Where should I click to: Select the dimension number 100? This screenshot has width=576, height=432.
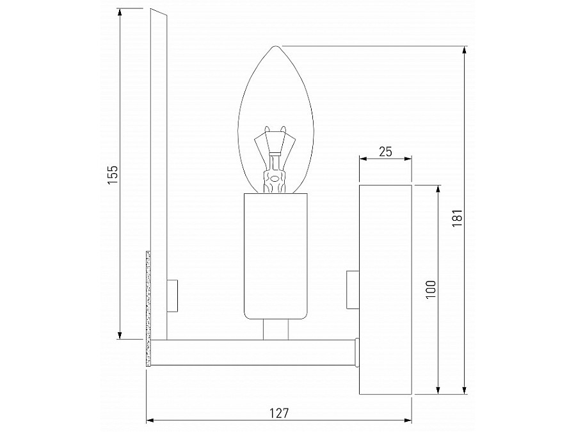(431, 289)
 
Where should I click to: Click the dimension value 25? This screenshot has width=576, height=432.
(385, 152)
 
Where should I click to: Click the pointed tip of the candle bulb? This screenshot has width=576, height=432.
(275, 47)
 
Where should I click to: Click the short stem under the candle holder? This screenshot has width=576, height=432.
(275, 330)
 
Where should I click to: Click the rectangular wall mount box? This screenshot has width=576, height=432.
(385, 289)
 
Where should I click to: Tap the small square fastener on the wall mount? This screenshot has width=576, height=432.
(352, 289)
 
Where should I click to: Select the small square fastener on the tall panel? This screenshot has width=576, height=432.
(172, 295)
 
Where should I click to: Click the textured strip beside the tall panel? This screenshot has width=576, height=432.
(148, 307)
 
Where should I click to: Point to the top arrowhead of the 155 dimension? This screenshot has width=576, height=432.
(120, 13)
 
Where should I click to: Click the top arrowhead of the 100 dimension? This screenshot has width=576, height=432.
(438, 189)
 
